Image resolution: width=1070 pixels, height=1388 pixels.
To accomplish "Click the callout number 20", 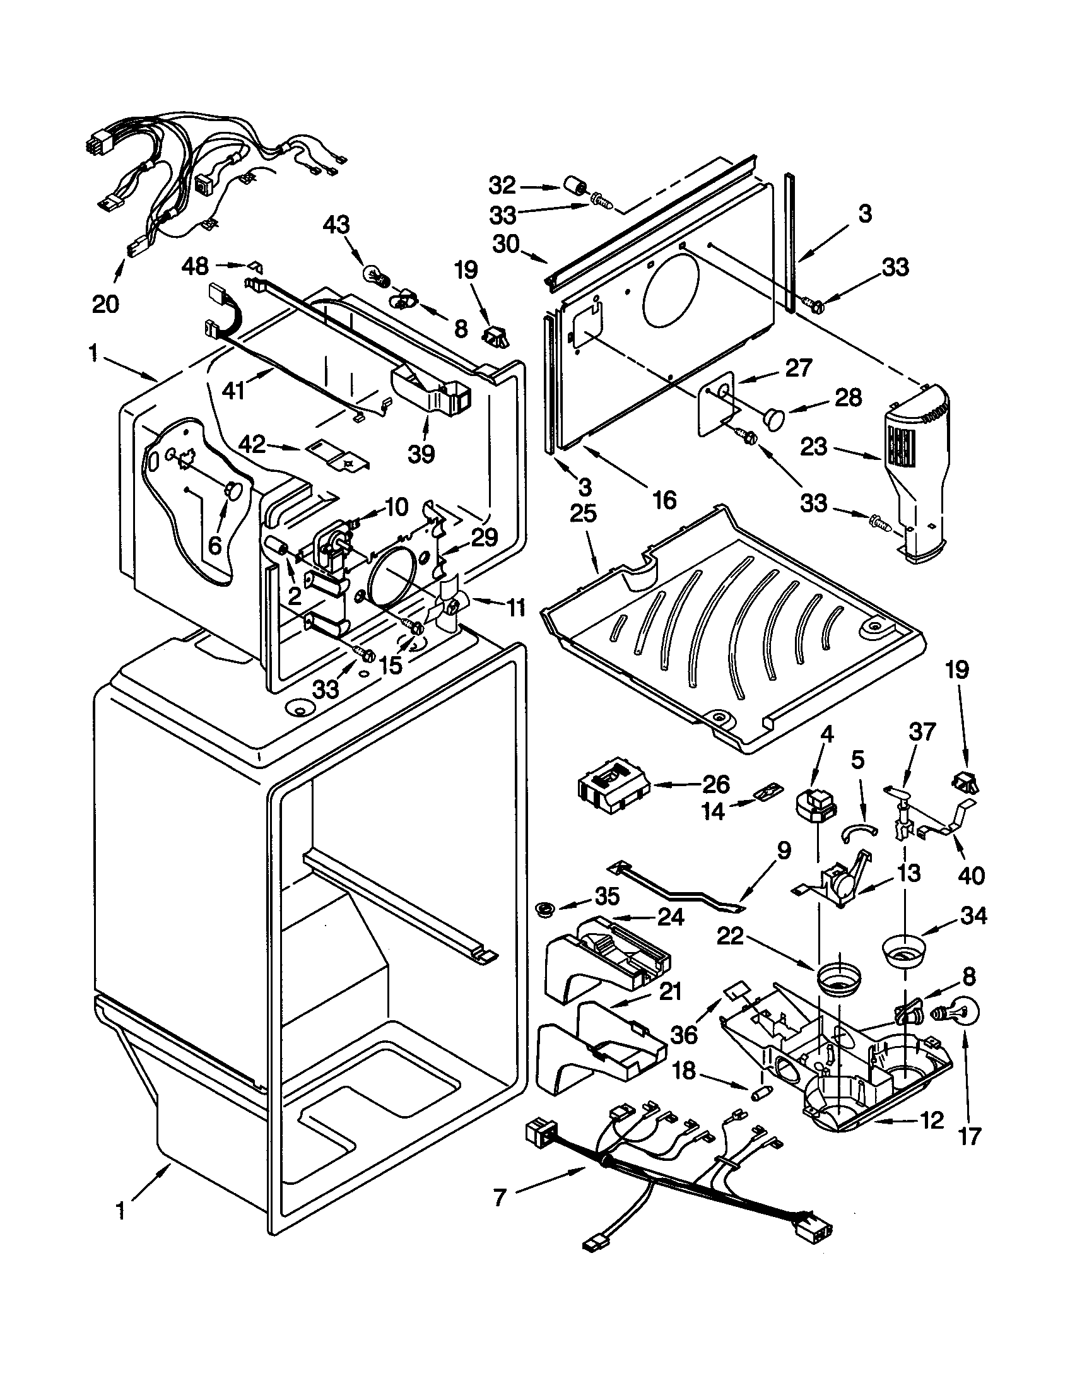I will pos(105,304).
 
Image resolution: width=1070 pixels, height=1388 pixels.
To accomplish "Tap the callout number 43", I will pos(336,226).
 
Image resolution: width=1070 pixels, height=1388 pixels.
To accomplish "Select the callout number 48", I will pos(196,266).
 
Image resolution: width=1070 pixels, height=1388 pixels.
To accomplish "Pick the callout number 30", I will pos(506,244).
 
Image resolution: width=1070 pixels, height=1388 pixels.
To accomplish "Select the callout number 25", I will pos(584,514).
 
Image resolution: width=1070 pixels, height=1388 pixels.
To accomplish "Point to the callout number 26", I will pos(715,785).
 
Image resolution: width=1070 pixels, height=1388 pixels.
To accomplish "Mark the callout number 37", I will pos(922,732).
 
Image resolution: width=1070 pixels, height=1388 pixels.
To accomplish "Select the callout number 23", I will pos(814,447).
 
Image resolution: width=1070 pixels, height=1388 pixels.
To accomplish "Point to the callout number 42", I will pos(252,444).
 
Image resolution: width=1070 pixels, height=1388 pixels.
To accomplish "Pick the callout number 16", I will pos(664,500).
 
